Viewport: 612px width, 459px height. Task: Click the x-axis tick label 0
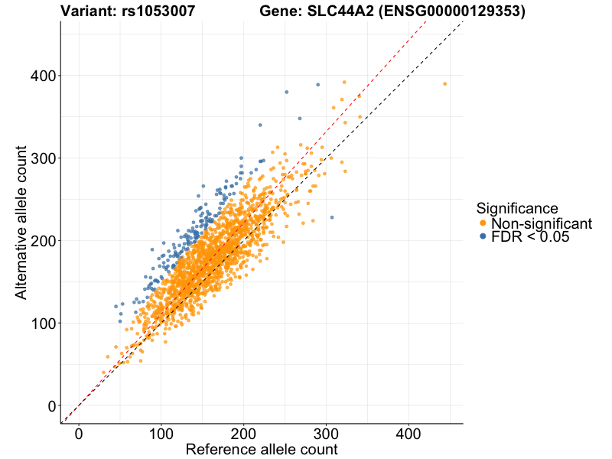click(79, 434)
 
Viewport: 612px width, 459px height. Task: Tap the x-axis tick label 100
click(161, 434)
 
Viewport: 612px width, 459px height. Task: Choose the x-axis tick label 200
click(243, 434)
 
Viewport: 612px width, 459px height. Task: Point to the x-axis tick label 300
click(326, 434)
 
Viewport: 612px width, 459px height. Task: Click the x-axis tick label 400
click(408, 434)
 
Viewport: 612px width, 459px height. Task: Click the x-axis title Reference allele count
click(262, 450)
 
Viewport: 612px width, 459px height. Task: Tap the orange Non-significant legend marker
click(483, 223)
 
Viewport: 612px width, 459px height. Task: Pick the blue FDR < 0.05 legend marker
click(483, 238)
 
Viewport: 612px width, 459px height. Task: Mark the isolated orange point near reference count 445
click(444, 84)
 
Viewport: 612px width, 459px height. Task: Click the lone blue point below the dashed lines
click(332, 217)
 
